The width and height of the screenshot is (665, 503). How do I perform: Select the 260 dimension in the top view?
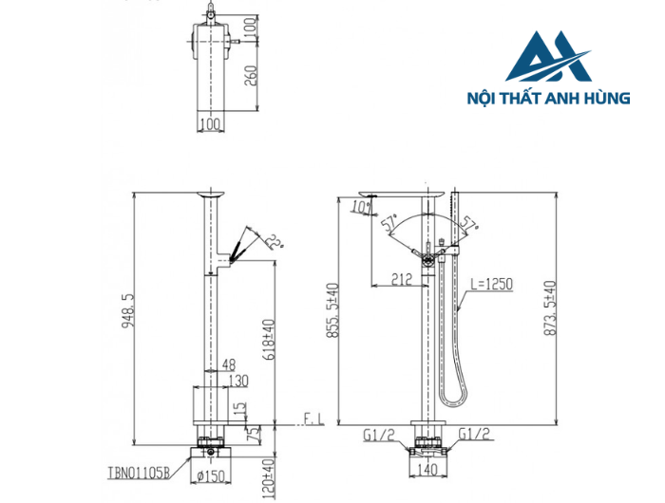point(251,74)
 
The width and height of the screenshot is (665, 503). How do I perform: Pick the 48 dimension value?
point(229,363)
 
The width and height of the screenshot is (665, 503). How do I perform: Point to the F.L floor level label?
point(313,419)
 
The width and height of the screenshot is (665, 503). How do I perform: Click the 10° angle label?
point(361,206)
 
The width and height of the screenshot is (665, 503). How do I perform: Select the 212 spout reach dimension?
point(400,278)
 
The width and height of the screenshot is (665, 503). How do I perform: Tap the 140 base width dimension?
point(426,469)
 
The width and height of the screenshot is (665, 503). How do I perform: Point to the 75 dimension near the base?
point(251,436)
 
